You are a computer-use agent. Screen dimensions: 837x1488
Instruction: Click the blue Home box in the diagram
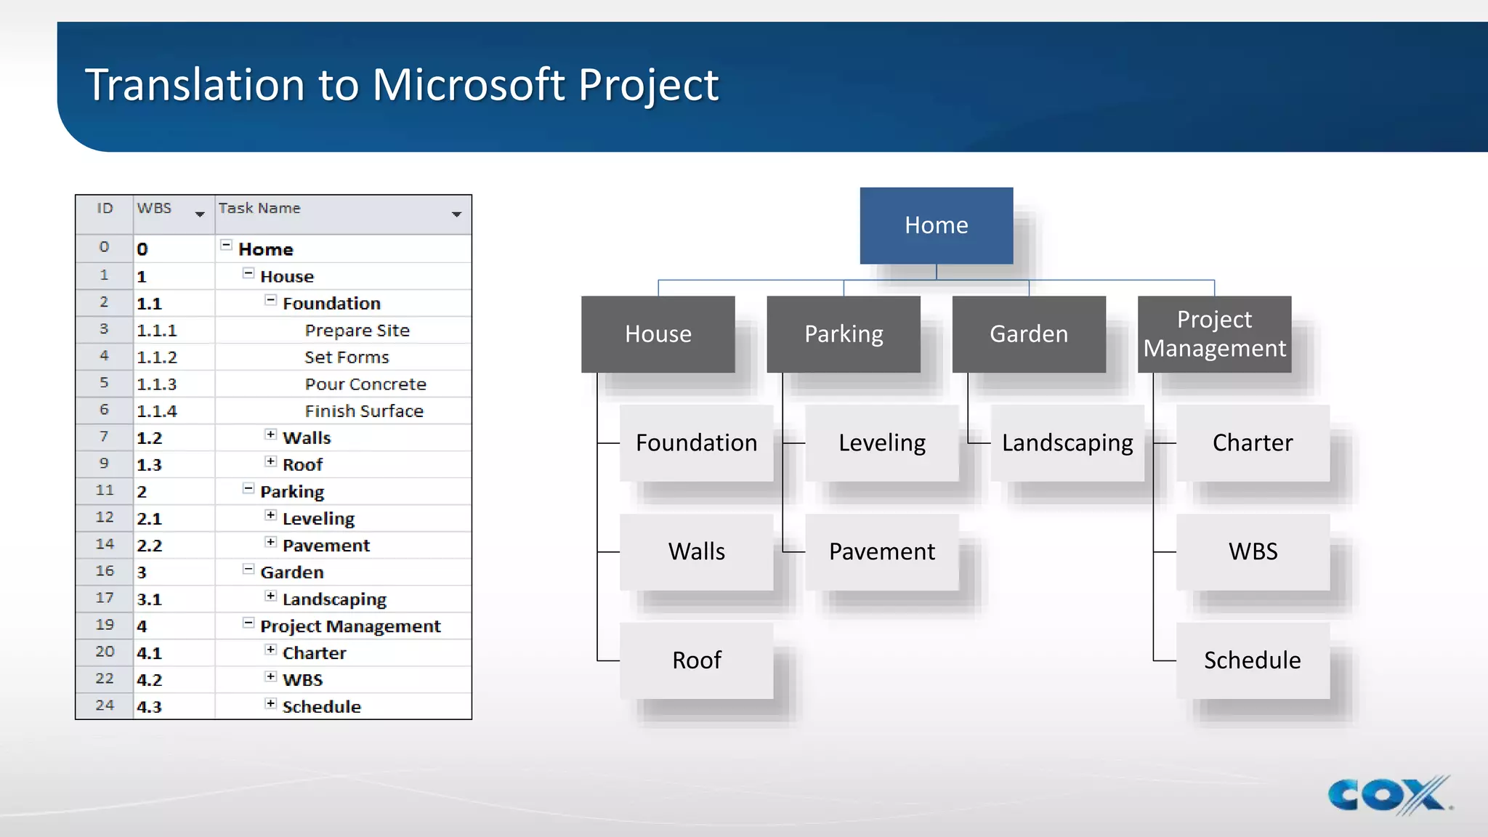(x=936, y=225)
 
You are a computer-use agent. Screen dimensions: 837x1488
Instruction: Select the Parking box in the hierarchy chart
(x=844, y=334)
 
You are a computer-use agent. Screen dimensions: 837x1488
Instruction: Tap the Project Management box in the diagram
(x=1214, y=334)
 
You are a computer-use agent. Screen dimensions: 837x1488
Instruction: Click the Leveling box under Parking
(x=881, y=442)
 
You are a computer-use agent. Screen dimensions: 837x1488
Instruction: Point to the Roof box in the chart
(x=696, y=660)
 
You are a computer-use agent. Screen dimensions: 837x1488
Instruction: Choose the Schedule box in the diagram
(x=1252, y=660)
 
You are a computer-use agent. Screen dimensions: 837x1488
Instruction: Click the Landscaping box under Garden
(x=1067, y=442)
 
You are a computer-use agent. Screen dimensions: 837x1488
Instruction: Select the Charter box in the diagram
(x=1252, y=442)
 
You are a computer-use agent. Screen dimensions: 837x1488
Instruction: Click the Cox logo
(x=1388, y=795)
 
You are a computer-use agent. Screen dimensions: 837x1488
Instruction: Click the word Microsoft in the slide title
(x=469, y=85)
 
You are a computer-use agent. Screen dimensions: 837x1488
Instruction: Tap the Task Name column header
(x=259, y=209)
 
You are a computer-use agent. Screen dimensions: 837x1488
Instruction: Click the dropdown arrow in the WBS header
(x=200, y=214)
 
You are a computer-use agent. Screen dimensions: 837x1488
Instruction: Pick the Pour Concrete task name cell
(x=365, y=384)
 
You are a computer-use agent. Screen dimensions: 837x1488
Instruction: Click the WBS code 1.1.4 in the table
(x=157, y=411)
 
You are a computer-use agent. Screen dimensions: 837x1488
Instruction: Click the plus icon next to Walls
(x=270, y=434)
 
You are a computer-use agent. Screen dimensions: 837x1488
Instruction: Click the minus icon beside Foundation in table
(x=270, y=300)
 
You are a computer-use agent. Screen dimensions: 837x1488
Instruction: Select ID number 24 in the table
(x=105, y=705)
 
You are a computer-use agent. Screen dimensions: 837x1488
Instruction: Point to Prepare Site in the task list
(x=357, y=331)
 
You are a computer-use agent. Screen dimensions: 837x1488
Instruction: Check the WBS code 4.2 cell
(x=150, y=680)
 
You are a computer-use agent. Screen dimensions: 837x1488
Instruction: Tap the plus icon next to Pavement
(x=270, y=542)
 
